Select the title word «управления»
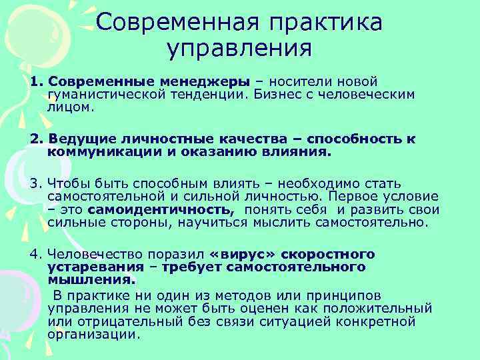point(240,49)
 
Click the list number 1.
point(35,81)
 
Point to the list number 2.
point(35,139)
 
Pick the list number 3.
point(35,183)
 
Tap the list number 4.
point(35,255)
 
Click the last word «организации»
point(94,334)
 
